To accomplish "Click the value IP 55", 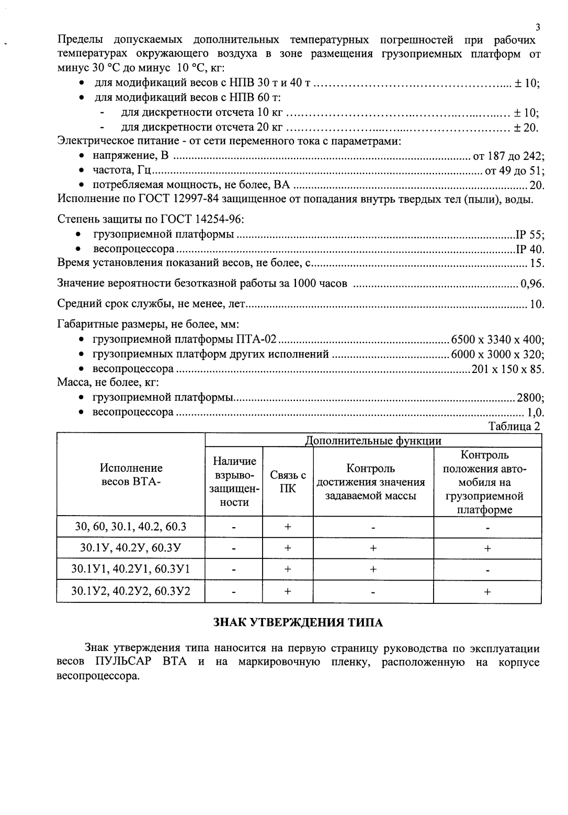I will click(x=529, y=235).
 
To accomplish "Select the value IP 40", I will click(x=529, y=249).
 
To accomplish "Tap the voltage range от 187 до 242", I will click(x=508, y=156).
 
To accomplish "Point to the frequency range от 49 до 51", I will click(x=514, y=170).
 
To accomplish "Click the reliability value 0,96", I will click(x=532, y=284).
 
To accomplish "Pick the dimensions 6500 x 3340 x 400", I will click(x=497, y=340).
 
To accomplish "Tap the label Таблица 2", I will click(x=514, y=426).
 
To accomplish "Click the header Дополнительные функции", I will click(x=373, y=440).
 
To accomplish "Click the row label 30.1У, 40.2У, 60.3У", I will click(x=131, y=548).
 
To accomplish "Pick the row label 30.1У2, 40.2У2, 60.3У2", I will click(x=131, y=591).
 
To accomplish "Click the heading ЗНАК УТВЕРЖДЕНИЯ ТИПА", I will click(x=299, y=622).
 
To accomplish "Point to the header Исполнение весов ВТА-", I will click(x=131, y=474).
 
